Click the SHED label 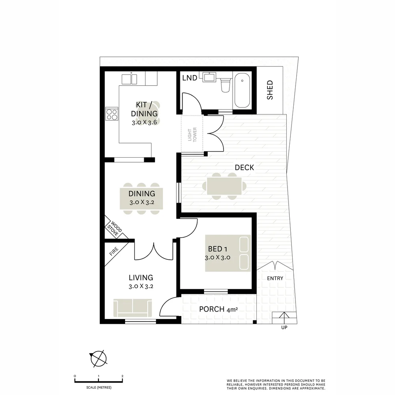[270, 90]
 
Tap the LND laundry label [189, 78]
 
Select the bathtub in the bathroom [242, 90]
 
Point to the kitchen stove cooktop [112, 114]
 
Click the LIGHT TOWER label [192, 134]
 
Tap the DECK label [244, 168]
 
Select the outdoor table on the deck [224, 186]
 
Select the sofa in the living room [132, 308]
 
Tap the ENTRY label [275, 278]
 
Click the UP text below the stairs [284, 327]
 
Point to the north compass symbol [97, 358]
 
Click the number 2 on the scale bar [122, 376]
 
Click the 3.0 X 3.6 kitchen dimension [144, 123]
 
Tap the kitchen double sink [129, 79]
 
